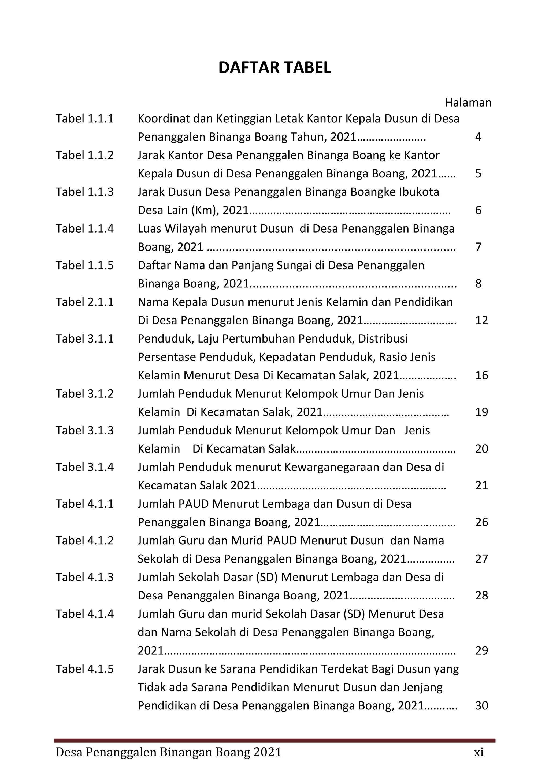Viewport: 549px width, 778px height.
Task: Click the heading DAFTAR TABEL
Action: point(274,68)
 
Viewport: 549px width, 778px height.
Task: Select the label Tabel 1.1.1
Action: point(84,119)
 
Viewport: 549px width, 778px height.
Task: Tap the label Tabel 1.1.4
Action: point(84,229)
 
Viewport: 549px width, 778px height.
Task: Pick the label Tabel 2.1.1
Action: point(84,302)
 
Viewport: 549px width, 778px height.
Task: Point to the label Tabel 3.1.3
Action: point(84,430)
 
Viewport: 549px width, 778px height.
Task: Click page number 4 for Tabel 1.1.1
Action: point(478,137)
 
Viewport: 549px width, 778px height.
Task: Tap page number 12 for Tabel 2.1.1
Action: point(481,320)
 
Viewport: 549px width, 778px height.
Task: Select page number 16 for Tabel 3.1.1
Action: point(481,375)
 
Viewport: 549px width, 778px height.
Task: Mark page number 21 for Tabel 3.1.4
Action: point(481,485)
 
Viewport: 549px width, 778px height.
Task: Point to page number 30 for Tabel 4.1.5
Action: point(481,705)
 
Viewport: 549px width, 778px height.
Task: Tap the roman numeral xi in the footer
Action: point(478,752)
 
